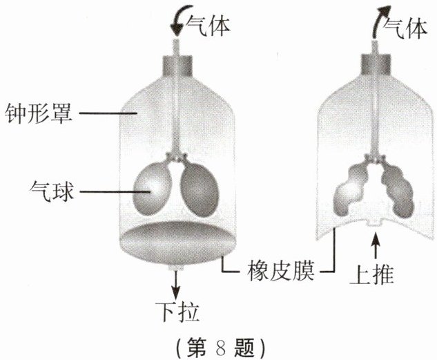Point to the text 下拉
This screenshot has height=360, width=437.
(x=177, y=312)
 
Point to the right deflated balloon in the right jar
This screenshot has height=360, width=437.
(x=398, y=191)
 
